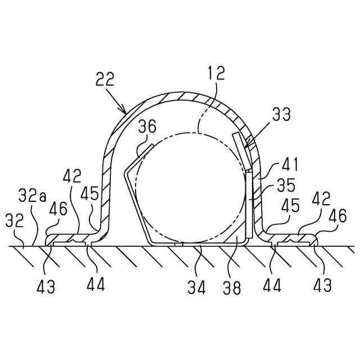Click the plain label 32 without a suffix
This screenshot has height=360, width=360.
coord(15,219)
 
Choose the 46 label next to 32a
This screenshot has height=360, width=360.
coord(58,209)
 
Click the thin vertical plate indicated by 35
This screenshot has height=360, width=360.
coord(248,205)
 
